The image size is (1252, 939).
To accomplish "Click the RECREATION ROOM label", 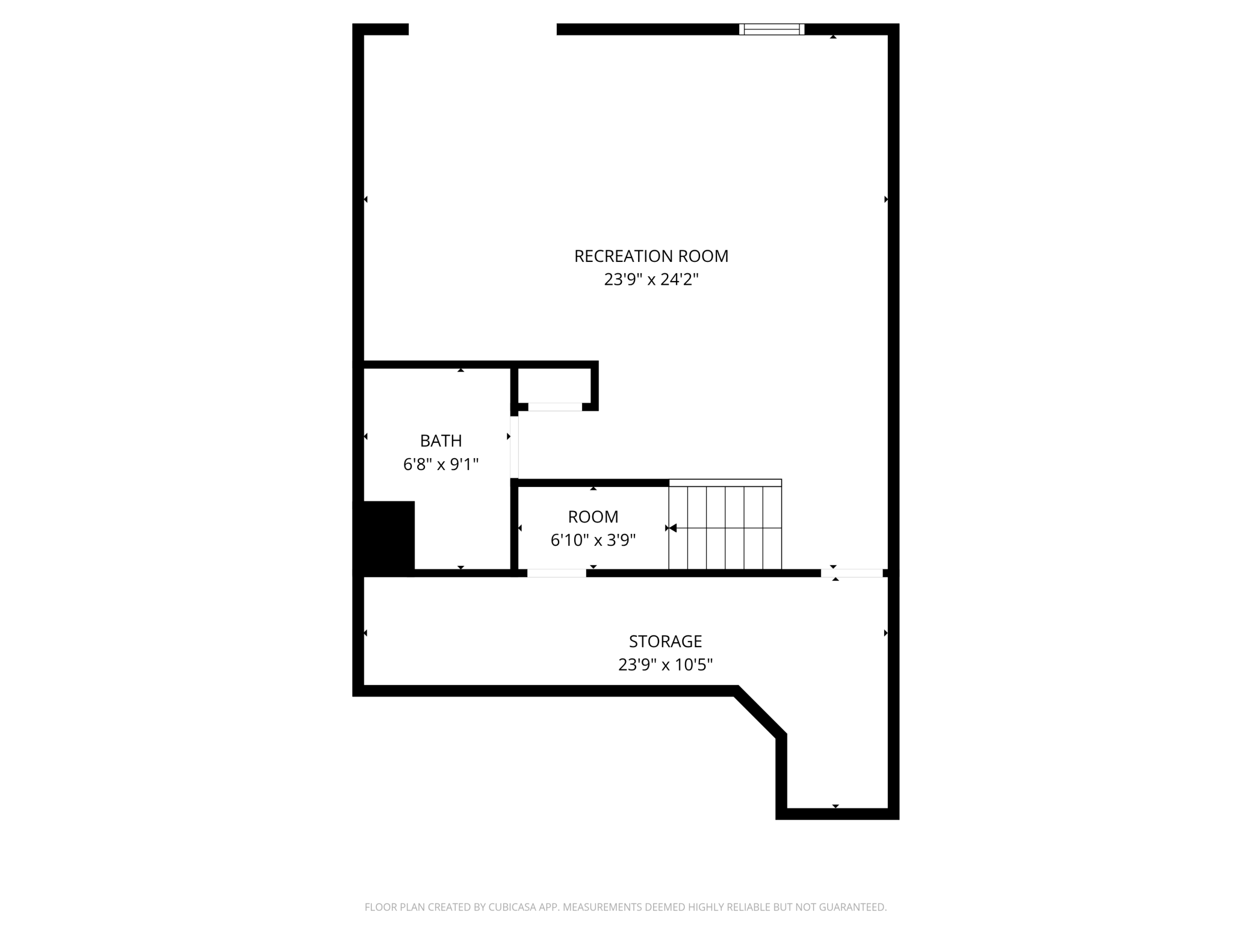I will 651,256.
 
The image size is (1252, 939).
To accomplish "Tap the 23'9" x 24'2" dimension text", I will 651,280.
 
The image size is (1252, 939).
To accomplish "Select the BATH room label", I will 441,441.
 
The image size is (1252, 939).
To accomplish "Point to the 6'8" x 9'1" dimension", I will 441,465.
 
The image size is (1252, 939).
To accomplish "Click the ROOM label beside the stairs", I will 593,517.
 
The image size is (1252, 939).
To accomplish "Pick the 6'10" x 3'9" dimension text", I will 593,541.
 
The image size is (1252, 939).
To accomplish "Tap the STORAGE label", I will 665,642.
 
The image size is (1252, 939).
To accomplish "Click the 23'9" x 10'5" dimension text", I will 665,665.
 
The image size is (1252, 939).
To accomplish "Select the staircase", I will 725,525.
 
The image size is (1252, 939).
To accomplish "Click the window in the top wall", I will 772,29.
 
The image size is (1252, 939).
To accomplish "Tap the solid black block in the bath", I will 385,536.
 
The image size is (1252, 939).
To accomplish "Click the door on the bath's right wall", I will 514,447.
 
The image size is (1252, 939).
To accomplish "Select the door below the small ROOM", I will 557,573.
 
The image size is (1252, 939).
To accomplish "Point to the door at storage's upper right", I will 852,573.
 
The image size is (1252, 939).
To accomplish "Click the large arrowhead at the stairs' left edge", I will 673,528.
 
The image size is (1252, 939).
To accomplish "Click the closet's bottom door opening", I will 554,407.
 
